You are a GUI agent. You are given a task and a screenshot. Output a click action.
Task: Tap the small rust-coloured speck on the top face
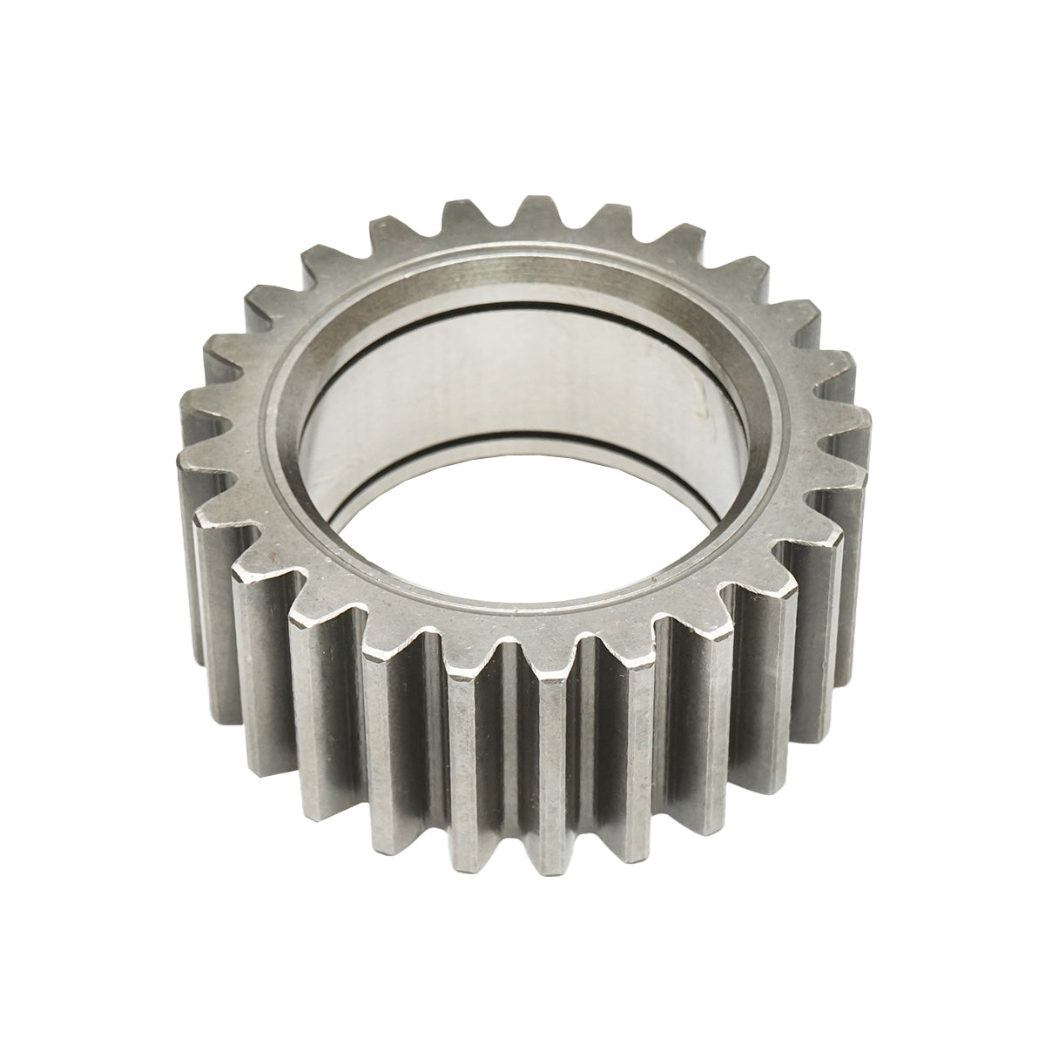pos(272,557)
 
